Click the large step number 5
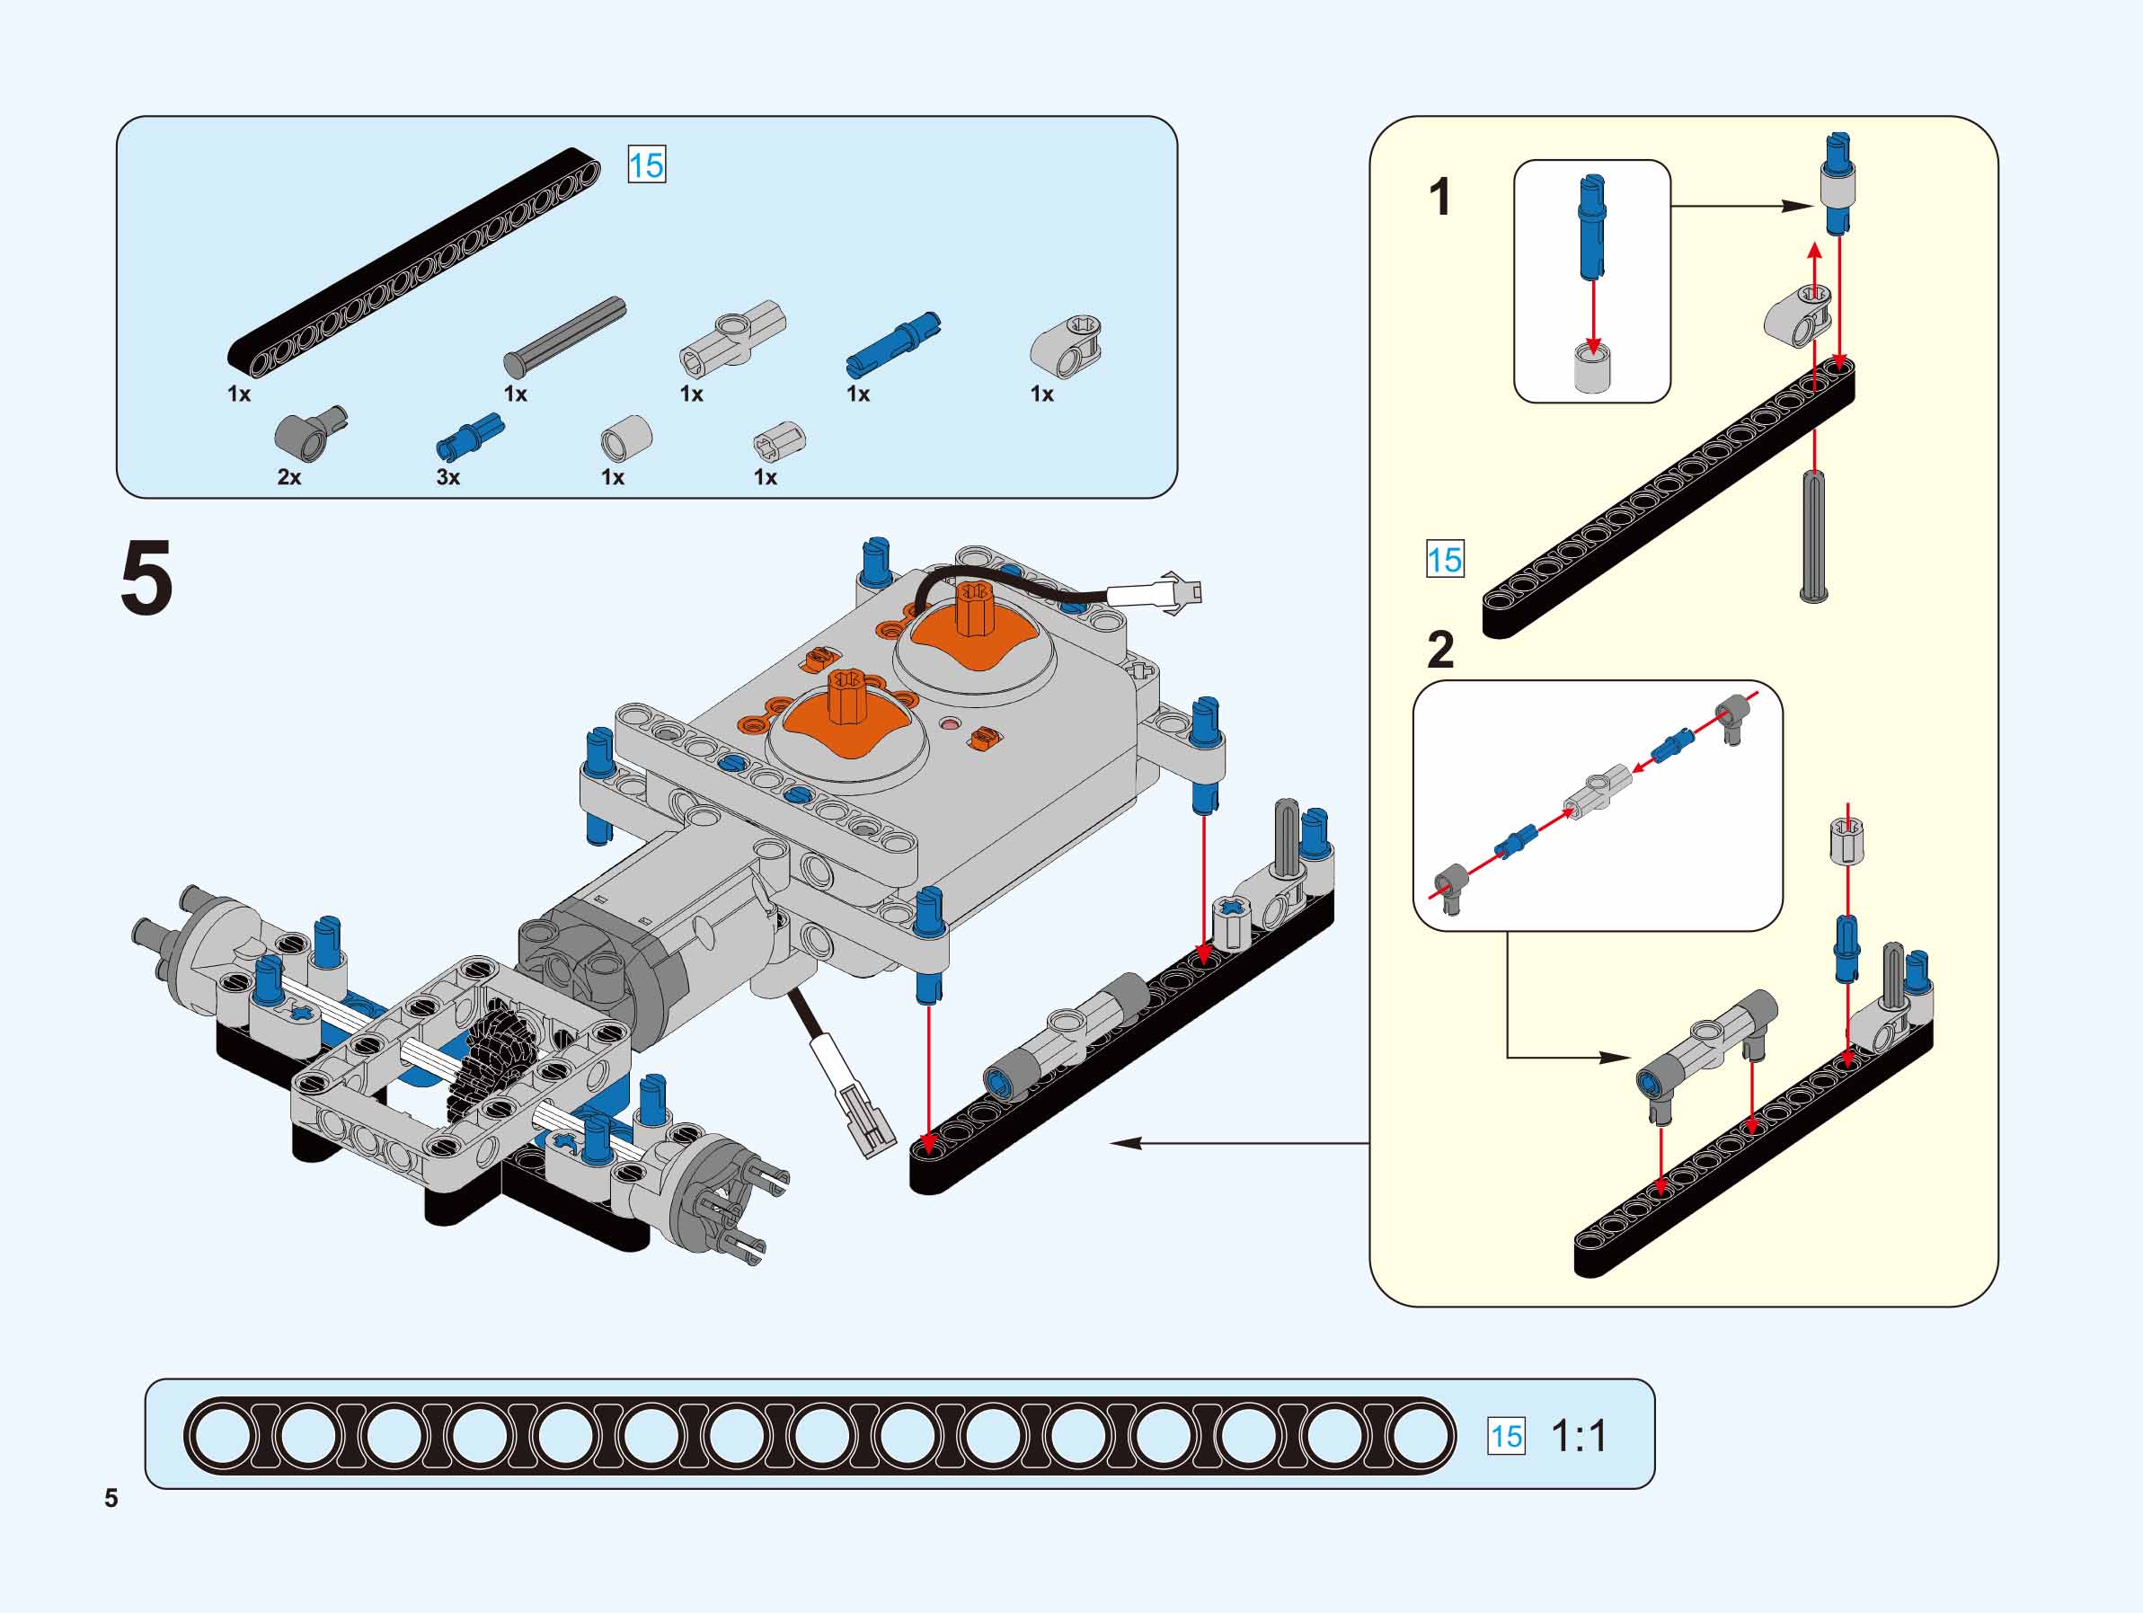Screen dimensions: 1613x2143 (x=146, y=579)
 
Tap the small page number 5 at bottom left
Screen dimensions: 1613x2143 (x=111, y=1498)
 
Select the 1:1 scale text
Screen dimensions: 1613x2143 (x=1578, y=1436)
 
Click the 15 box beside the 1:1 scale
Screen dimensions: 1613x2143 (x=1506, y=1436)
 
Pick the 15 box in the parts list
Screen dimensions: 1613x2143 (x=646, y=164)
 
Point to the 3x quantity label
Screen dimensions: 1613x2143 (x=447, y=476)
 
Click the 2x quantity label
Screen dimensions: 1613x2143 (x=288, y=476)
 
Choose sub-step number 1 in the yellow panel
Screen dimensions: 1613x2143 (x=1439, y=197)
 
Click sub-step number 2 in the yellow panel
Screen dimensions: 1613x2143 (x=1440, y=649)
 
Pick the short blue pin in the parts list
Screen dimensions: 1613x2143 (x=470, y=434)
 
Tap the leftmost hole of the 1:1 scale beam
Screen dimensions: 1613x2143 (x=226, y=1436)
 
